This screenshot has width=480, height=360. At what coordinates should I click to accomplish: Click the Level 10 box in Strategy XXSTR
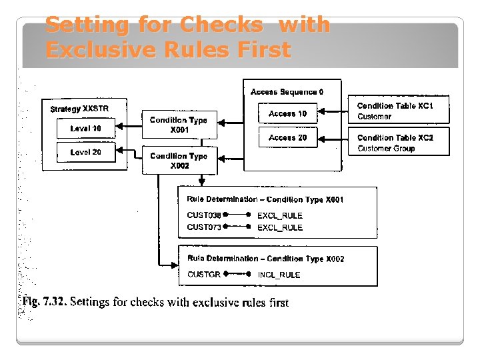pyautogui.click(x=85, y=128)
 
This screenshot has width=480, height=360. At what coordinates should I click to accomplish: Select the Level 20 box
pyautogui.click(x=85, y=152)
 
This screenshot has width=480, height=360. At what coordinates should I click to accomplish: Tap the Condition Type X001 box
pyautogui.click(x=178, y=125)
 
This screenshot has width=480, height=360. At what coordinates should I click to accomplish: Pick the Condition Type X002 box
pyautogui.click(x=178, y=161)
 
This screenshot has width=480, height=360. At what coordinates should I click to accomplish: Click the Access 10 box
pyautogui.click(x=287, y=114)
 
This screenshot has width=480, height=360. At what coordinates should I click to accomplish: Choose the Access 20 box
pyautogui.click(x=287, y=137)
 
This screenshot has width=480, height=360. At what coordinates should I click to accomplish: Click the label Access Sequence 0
pyautogui.click(x=287, y=91)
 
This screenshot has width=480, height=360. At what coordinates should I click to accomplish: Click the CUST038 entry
pyautogui.click(x=204, y=215)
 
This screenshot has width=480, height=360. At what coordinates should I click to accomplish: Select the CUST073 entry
pyautogui.click(x=204, y=227)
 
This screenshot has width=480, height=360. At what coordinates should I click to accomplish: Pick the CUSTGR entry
pyautogui.click(x=204, y=274)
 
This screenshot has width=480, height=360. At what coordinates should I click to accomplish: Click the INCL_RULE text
pyautogui.click(x=279, y=275)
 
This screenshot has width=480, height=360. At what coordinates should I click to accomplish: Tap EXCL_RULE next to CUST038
pyautogui.click(x=279, y=216)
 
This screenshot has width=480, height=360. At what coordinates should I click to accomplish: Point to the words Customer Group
pyautogui.click(x=386, y=149)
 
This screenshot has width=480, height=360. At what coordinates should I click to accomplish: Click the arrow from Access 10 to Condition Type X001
pyautogui.click(x=238, y=122)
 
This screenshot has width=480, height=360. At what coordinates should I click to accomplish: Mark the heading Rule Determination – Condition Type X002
pyautogui.click(x=265, y=259)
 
